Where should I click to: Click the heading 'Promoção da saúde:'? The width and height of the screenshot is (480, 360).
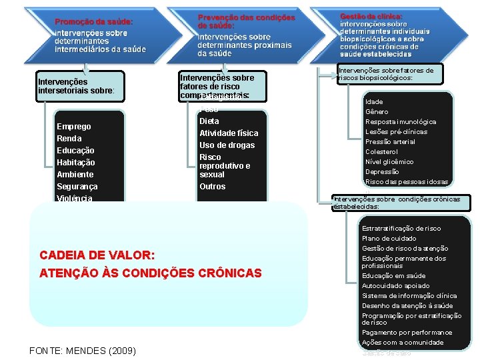tap(93, 22)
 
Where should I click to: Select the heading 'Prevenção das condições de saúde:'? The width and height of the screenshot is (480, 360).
tap(246, 21)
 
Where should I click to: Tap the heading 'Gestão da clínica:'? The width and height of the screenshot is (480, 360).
tap(371, 16)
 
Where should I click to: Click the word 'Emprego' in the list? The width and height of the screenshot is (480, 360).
tap(74, 127)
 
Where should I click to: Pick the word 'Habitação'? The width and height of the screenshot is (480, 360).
tap(76, 163)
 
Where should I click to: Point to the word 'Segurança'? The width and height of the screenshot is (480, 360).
tap(77, 187)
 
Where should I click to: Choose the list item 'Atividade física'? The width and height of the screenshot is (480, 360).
tap(229, 133)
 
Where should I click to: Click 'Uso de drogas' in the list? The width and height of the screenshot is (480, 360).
tap(227, 145)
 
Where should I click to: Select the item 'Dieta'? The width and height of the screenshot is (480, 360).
tap(209, 121)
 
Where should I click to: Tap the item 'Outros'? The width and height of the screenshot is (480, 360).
tap(213, 187)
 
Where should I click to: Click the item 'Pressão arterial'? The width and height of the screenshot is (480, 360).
tap(390, 142)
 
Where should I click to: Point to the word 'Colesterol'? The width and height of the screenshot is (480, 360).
tap(381, 152)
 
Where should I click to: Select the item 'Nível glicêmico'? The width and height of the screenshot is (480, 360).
tap(389, 162)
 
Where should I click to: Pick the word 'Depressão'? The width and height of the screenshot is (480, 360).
tap(382, 172)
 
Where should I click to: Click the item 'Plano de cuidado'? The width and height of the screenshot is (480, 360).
tap(389, 239)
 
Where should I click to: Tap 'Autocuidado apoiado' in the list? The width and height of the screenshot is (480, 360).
tap(396, 286)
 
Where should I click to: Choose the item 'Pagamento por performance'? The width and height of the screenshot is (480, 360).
tap(407, 333)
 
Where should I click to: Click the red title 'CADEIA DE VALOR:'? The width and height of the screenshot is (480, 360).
tap(97, 256)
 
